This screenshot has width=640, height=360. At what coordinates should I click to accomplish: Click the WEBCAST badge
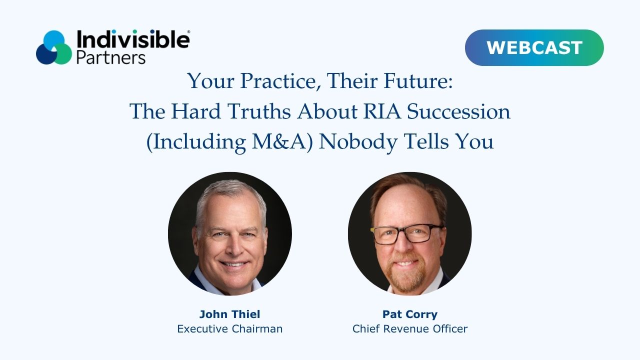tap(534, 47)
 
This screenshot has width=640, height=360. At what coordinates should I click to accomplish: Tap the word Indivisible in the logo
tap(133, 39)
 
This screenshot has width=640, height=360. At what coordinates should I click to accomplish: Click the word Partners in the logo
tap(111, 57)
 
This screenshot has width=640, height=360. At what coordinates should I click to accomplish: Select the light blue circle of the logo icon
tap(53, 40)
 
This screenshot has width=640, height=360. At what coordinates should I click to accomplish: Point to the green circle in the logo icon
tap(63, 54)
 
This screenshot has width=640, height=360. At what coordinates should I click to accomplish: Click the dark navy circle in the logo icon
tap(45, 54)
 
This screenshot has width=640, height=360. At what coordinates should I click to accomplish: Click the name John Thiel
tap(229, 314)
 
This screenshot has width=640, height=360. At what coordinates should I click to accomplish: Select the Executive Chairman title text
tap(229, 329)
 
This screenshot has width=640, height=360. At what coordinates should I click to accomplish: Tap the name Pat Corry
tap(410, 314)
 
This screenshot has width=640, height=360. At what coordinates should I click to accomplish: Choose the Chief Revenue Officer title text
tap(410, 329)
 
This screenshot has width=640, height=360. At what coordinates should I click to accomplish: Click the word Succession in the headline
tap(458, 111)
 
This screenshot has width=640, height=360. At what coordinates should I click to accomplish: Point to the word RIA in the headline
tap(382, 111)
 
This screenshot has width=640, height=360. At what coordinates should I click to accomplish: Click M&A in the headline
tap(280, 141)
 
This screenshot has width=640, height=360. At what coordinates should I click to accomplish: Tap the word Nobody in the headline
tap(358, 142)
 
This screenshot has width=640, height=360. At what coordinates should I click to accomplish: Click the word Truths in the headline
tap(259, 111)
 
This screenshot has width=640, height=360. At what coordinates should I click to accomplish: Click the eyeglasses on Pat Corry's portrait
tap(407, 234)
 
